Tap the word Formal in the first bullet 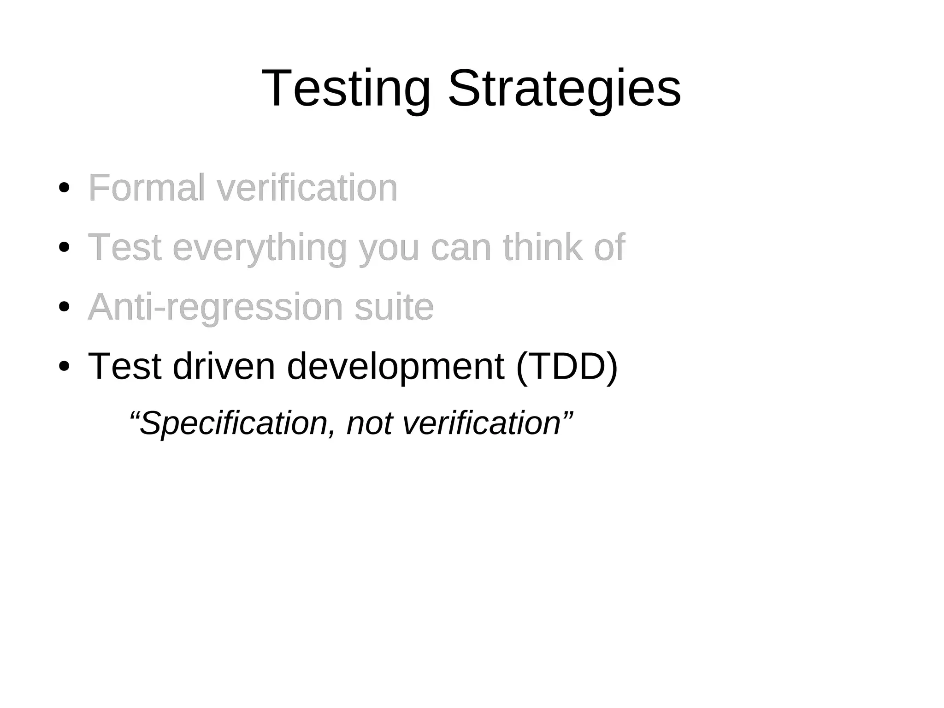[146, 188]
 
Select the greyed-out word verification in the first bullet [307, 188]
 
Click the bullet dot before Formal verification [65, 188]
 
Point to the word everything [260, 248]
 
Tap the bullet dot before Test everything [65, 247]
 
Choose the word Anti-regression [215, 307]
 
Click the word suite [394, 307]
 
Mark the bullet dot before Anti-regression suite [65, 307]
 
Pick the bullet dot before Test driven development [65, 366]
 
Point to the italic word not [369, 423]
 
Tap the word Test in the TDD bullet [124, 366]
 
